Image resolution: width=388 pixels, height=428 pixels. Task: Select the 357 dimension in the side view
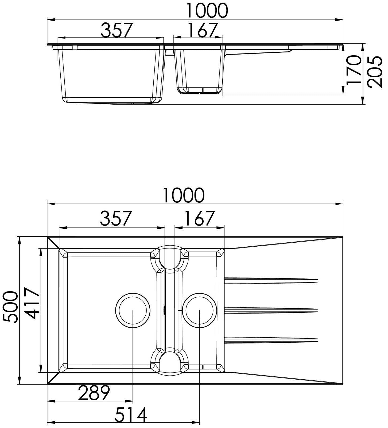[x=117, y=30]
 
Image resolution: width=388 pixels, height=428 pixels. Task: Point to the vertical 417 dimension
[x=33, y=303]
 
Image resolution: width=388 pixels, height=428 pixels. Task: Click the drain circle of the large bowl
[x=133, y=310]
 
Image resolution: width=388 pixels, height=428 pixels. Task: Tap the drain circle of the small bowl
[x=200, y=310]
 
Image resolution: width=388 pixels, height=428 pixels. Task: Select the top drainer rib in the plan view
[x=271, y=280]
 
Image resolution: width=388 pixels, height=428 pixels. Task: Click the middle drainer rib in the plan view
[x=271, y=311]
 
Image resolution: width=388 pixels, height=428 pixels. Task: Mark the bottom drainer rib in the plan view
[x=271, y=340]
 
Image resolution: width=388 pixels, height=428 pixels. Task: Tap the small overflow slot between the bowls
[x=164, y=310]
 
